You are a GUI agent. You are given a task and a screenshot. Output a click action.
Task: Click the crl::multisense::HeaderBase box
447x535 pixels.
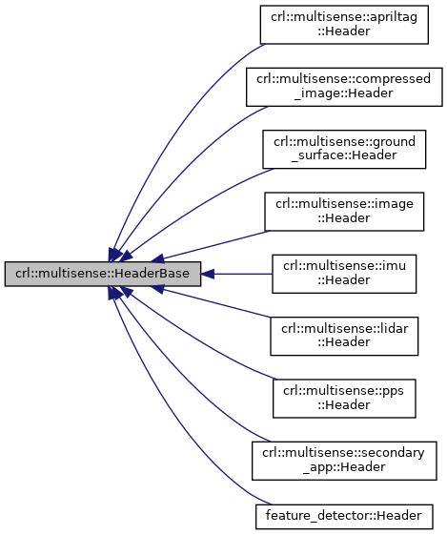click(102, 274)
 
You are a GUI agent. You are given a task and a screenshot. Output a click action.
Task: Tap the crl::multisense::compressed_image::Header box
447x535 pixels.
click(344, 87)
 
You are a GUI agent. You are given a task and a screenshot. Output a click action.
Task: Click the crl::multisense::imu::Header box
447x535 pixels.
click(344, 274)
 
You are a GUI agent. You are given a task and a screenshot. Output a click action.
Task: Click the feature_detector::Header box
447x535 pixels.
click(344, 515)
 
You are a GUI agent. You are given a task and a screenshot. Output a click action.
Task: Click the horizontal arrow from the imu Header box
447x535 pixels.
click(238, 274)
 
